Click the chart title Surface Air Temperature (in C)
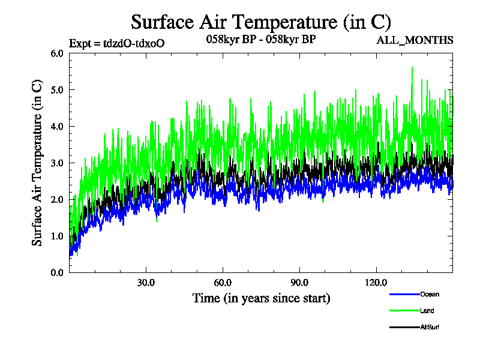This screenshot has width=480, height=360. [x=261, y=22]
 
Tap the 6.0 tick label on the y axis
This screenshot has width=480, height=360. [x=57, y=53]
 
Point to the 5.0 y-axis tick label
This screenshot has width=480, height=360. [x=57, y=90]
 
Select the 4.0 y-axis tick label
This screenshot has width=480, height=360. [x=57, y=127]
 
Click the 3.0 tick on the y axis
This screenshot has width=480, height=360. [x=57, y=163]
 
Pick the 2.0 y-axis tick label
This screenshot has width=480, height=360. [x=57, y=200]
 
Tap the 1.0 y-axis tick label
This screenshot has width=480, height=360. [x=57, y=236]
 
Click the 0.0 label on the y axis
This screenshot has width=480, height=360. [x=57, y=273]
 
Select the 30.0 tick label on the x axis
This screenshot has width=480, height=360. [x=146, y=283]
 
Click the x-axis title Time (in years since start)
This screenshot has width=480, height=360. [x=261, y=298]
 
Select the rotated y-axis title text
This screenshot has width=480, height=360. [x=37, y=162]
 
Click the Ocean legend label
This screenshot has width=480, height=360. [x=430, y=294]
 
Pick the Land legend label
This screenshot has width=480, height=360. [x=427, y=311]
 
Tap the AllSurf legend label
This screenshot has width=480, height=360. [x=430, y=327]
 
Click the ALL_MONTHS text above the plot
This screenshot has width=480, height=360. [x=415, y=41]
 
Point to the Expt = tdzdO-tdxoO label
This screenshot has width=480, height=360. [x=117, y=43]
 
